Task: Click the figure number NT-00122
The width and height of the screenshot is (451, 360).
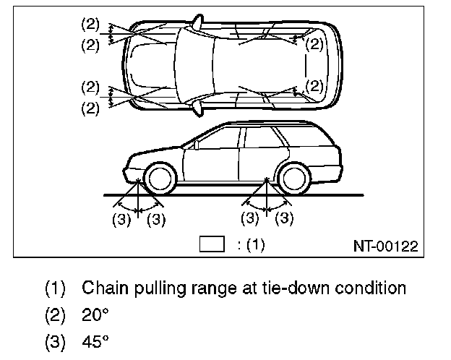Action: (x=386, y=246)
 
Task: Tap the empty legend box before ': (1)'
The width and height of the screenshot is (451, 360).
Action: (x=211, y=244)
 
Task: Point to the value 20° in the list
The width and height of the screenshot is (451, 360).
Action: (x=95, y=315)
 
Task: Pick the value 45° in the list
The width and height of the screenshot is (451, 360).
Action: (x=95, y=341)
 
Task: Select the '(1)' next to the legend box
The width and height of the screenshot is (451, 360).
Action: (x=256, y=245)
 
